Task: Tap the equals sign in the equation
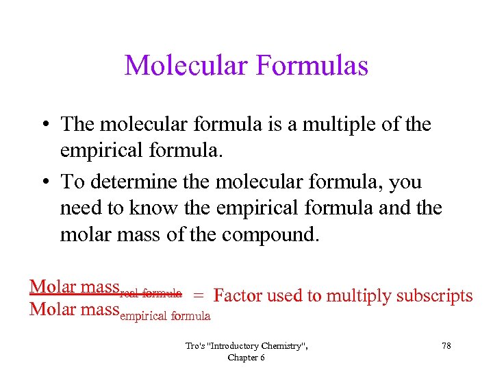(198, 296)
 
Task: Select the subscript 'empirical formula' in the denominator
(165, 316)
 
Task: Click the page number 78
(446, 346)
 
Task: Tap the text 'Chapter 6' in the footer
(246, 357)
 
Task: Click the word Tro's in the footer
(195, 346)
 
